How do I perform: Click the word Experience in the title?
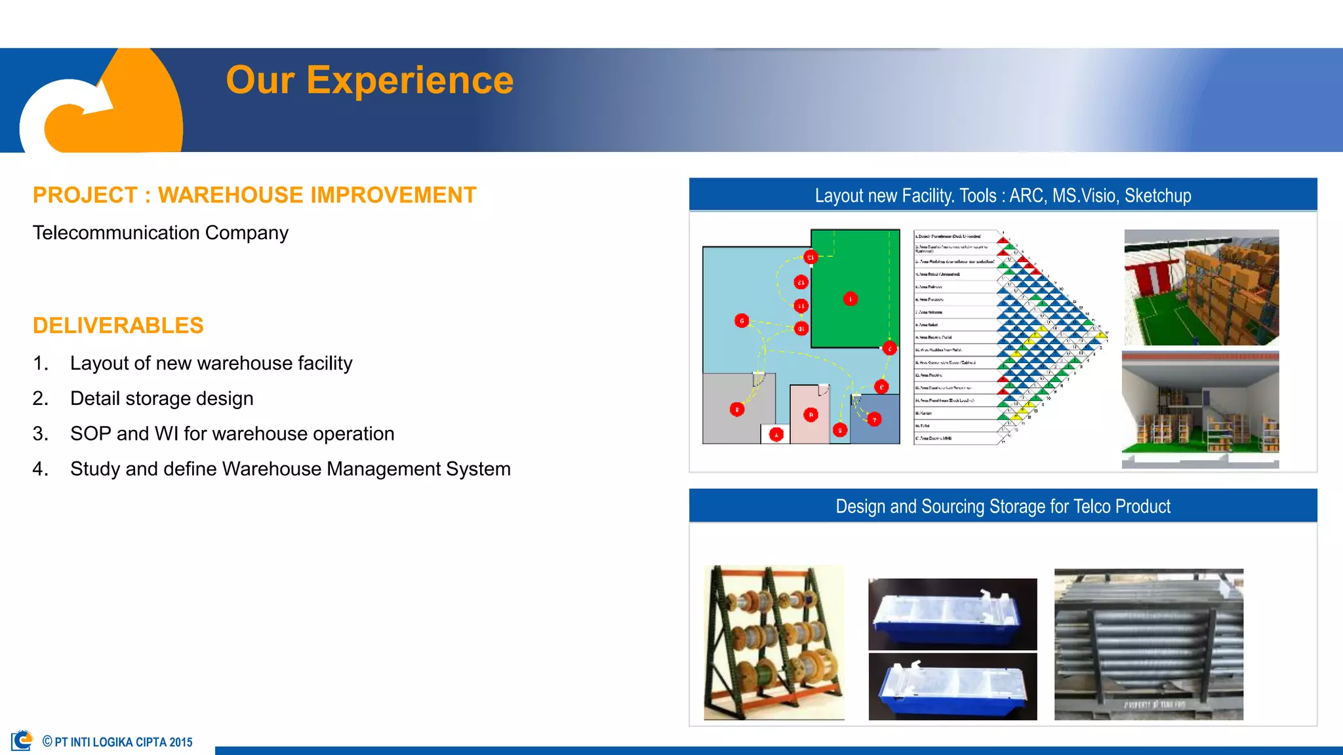pyautogui.click(x=409, y=81)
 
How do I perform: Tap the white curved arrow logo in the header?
pyautogui.click(x=62, y=111)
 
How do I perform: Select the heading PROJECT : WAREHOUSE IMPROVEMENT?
pyautogui.click(x=254, y=195)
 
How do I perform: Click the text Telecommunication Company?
pyautogui.click(x=161, y=233)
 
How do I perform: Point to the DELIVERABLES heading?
pyautogui.click(x=118, y=326)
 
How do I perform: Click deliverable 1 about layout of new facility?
pyautogui.click(x=210, y=363)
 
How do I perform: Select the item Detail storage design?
pyautogui.click(x=161, y=398)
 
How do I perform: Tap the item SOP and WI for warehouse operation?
pyautogui.click(x=232, y=434)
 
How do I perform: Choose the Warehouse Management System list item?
pyautogui.click(x=290, y=469)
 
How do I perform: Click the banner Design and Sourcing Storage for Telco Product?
pyautogui.click(x=1003, y=506)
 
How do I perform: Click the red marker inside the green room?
pyautogui.click(x=851, y=299)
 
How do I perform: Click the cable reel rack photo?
pyautogui.click(x=774, y=643)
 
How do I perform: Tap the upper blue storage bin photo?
pyautogui.click(x=952, y=614)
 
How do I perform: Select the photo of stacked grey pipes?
pyautogui.click(x=1148, y=644)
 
